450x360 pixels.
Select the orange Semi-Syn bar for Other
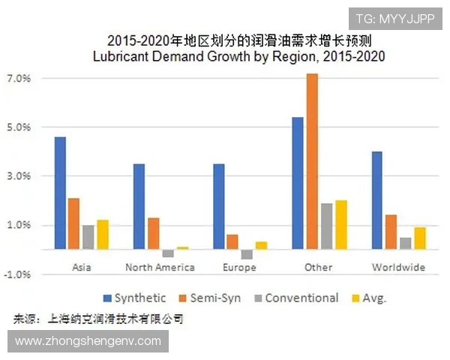pyautogui.click(x=312, y=161)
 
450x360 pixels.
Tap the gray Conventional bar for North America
pyautogui.click(x=168, y=253)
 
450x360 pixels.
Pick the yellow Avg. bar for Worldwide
pyautogui.click(x=420, y=238)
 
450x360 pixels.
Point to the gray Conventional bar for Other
pyautogui.click(x=326, y=226)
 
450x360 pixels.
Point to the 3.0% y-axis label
pyautogui.click(x=18, y=176)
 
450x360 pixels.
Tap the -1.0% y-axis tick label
pyautogui.click(x=16, y=274)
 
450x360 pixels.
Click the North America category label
pyautogui.click(x=160, y=267)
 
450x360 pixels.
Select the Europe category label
pyautogui.click(x=239, y=267)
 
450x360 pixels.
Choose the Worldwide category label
pyautogui.click(x=398, y=267)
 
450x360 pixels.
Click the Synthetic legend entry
pyautogui.click(x=135, y=298)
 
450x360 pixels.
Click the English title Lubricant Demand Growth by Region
pyautogui.click(x=238, y=56)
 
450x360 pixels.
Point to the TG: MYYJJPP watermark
pyautogui.click(x=394, y=19)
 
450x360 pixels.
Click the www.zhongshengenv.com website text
pyautogui.click(x=88, y=341)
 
